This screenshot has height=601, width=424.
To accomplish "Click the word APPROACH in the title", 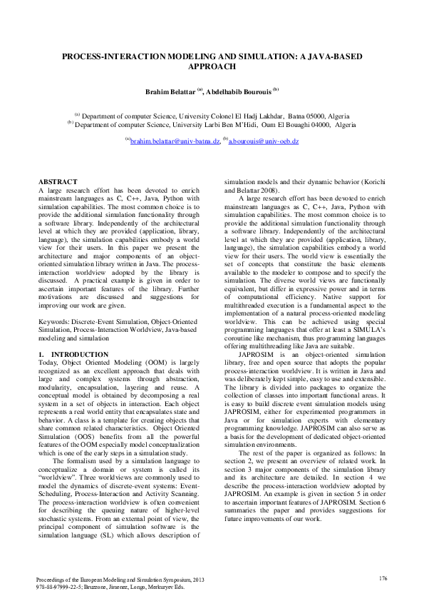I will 212,66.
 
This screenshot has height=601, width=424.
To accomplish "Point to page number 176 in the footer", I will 383,578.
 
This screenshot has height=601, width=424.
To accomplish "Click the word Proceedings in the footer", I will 52,579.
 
